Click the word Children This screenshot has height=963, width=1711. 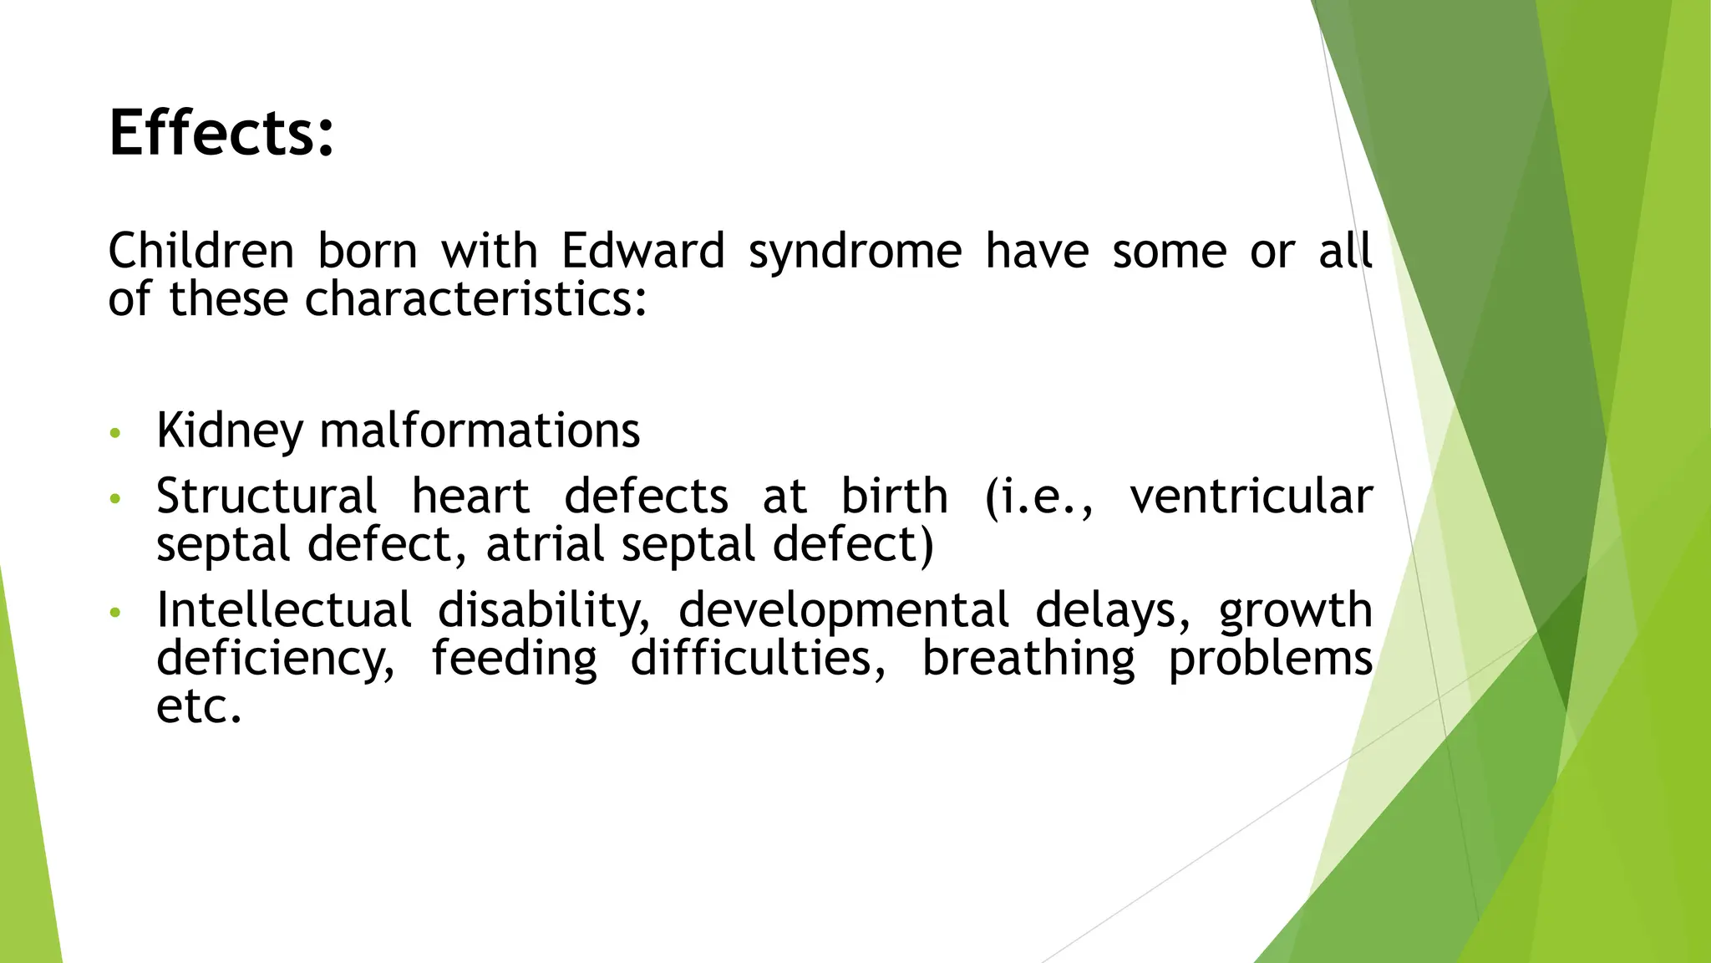coord(201,251)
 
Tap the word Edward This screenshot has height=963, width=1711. coord(642,251)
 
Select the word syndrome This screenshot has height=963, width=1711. coord(855,252)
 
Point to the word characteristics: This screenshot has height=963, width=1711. coord(476,299)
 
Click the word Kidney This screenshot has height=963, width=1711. coord(230,431)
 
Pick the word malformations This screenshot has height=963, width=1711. coord(480,431)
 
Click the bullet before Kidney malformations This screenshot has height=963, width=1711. coord(115,434)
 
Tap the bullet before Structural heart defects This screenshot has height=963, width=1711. coord(115,500)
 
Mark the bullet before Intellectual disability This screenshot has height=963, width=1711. coord(115,614)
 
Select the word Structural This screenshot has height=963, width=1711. coord(267,497)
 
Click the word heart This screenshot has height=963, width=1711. coord(470,497)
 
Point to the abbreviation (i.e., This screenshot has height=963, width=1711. coord(1038,497)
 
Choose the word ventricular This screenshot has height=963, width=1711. coord(1251,497)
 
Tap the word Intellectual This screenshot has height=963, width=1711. coord(284,610)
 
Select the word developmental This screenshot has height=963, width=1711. coord(844,610)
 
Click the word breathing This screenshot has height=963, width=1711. coord(1028,658)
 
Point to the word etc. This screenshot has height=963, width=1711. coord(198,706)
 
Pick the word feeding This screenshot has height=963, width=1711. coord(514,658)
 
